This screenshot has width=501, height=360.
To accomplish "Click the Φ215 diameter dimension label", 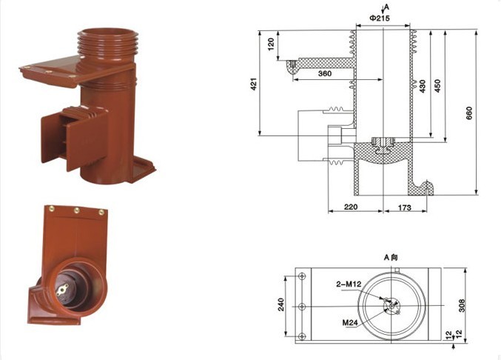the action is [380, 19].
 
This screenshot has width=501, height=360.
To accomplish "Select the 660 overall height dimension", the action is [469, 113].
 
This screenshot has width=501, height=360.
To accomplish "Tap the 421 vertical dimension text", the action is [254, 84].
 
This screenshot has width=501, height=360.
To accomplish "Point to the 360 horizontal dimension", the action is [325, 73].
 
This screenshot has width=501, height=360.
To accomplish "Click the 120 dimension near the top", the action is [271, 44].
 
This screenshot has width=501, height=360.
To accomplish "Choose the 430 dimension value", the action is [423, 87].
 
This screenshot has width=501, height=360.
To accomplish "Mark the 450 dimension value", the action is [438, 86].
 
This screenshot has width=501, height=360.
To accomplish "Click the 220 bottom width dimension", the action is [351, 207].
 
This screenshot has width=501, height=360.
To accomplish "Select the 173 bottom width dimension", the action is [405, 207].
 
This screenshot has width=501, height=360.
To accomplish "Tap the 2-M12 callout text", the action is [349, 284].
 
